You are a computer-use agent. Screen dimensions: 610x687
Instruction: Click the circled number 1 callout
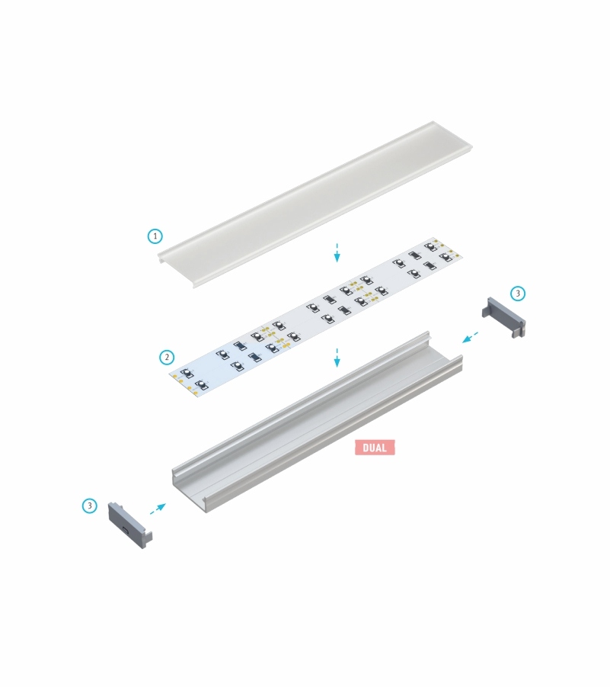tap(155, 236)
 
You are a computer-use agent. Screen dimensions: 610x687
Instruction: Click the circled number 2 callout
tap(166, 357)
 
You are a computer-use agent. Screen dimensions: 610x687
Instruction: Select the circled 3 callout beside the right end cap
tap(518, 293)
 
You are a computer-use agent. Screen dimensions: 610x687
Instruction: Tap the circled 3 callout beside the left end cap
tap(90, 506)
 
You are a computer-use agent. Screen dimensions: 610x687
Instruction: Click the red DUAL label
tap(375, 448)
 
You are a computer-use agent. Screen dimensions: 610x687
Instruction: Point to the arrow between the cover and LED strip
tap(337, 253)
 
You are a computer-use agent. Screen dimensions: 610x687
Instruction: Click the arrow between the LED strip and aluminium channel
tap(337, 358)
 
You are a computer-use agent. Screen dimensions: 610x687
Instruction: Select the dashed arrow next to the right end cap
tap(471, 337)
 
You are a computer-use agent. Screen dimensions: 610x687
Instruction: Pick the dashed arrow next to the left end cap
tap(158, 509)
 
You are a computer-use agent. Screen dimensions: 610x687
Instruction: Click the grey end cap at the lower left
tap(130, 525)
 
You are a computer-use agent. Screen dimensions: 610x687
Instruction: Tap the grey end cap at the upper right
tap(503, 316)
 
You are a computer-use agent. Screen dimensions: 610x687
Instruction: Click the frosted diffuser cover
tap(315, 204)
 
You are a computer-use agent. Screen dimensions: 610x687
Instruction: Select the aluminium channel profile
tap(318, 422)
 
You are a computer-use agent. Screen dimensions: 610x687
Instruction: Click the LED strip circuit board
tap(316, 316)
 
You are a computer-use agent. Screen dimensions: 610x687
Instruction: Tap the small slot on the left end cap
tap(126, 529)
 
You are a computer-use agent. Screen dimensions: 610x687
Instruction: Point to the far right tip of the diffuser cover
tap(471, 146)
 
